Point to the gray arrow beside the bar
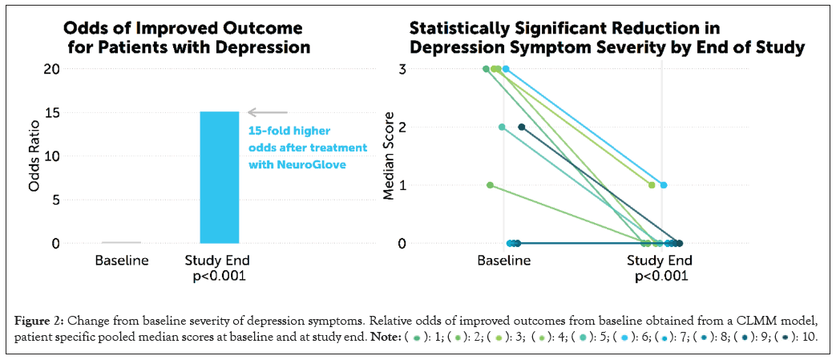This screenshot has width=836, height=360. [267, 112]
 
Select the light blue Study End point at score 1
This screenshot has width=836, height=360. [664, 185]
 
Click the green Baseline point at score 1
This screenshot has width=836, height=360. [490, 185]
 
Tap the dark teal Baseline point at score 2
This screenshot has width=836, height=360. [522, 127]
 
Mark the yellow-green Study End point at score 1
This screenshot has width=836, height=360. [652, 185]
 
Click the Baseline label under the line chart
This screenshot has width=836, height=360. [503, 261]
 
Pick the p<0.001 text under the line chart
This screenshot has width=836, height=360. [662, 277]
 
